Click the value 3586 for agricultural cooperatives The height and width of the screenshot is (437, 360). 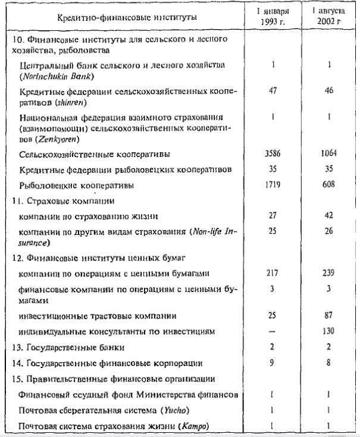[272, 153]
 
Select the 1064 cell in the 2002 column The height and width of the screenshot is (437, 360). [327, 153]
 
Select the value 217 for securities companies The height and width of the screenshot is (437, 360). [272, 273]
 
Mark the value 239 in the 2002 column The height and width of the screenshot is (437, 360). [327, 273]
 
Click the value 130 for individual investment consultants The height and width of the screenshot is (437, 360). [327, 331]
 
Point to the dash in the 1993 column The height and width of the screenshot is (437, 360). [272, 331]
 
